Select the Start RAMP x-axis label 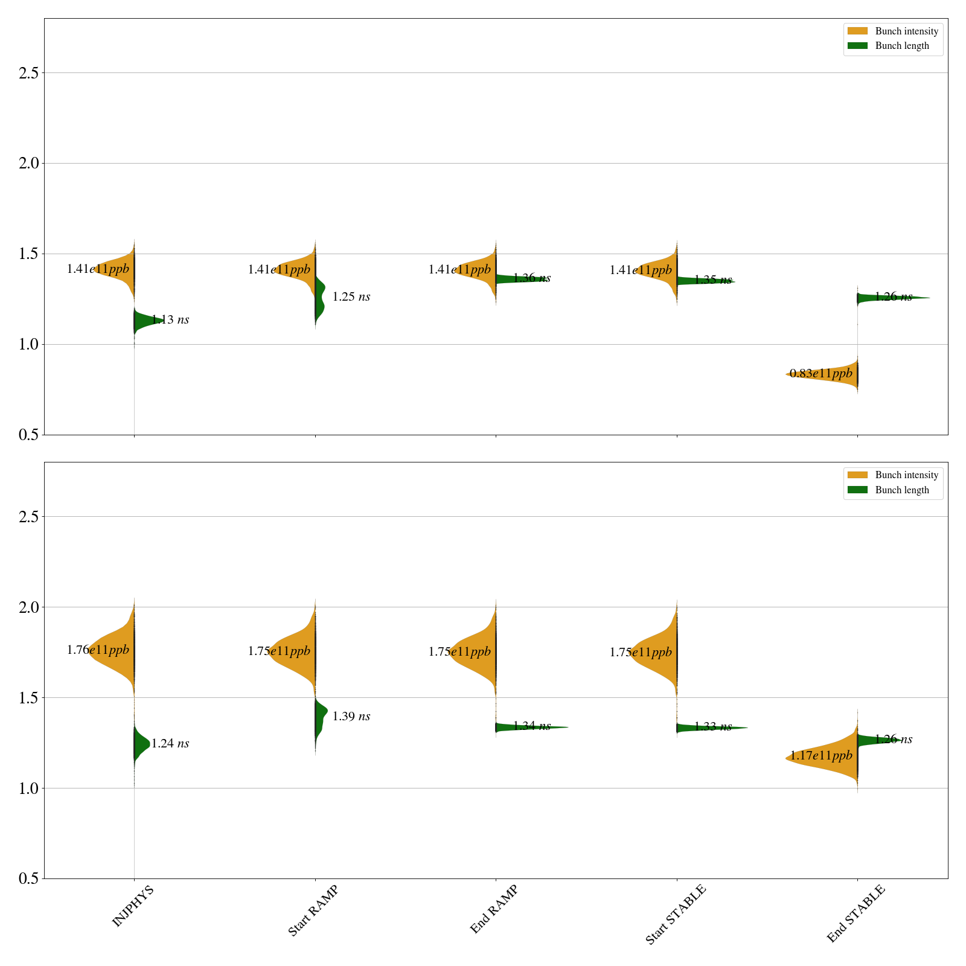[x=313, y=910]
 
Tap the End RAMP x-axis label [x=494, y=909]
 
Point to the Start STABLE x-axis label [x=675, y=915]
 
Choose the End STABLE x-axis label [x=856, y=913]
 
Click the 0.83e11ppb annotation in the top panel [x=821, y=374]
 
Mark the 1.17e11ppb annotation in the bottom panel [x=821, y=755]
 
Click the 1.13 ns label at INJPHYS [x=170, y=320]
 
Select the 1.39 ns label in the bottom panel [x=351, y=717]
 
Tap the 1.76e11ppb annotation [x=98, y=650]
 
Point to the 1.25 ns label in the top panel [x=351, y=297]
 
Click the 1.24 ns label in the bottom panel [x=170, y=744]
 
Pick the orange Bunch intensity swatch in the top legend [x=857, y=31]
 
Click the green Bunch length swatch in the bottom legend [x=857, y=490]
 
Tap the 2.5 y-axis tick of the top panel [x=28, y=73]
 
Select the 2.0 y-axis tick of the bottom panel [x=28, y=607]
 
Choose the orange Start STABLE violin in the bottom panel [x=658, y=652]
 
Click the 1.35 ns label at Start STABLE [x=713, y=280]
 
